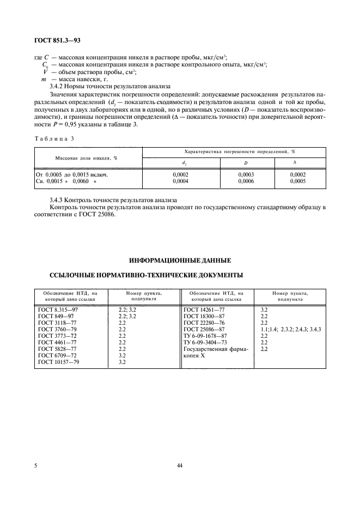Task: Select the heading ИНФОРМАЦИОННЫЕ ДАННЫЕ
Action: [x=179, y=260]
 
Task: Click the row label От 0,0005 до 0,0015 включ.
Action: [x=71, y=175]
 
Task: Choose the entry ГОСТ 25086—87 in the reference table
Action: [x=206, y=329]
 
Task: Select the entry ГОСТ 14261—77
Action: [x=206, y=309]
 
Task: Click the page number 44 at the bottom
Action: [x=180, y=464]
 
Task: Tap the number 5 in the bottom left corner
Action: [x=36, y=464]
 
